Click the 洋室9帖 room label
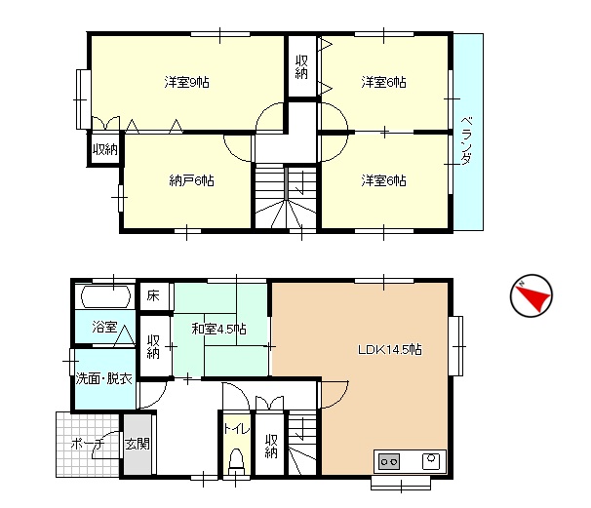(x=186, y=82)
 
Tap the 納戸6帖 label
(x=192, y=181)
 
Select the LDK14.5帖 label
(x=390, y=350)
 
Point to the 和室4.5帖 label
(x=219, y=329)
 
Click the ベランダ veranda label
(x=466, y=141)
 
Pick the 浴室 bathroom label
(x=104, y=327)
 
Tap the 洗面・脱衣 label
(x=104, y=378)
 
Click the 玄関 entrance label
(x=138, y=444)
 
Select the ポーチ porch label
(x=88, y=445)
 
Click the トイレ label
(x=236, y=428)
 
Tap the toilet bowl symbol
(x=236, y=461)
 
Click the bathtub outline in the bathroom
(x=106, y=295)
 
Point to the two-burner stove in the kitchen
(x=388, y=461)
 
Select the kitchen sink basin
(x=431, y=461)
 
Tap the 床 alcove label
(x=153, y=295)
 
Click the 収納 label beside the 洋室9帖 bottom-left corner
(x=105, y=149)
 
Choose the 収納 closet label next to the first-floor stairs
(x=271, y=447)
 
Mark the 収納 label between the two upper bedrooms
(x=301, y=67)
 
